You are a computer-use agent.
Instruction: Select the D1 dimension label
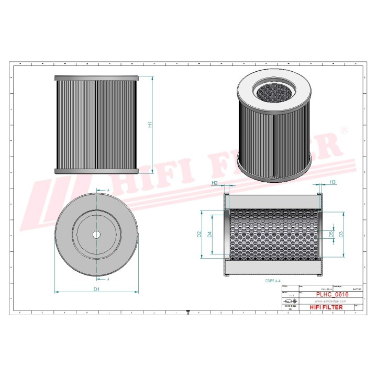tap(96, 289)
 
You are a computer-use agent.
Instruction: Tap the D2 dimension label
tap(199, 235)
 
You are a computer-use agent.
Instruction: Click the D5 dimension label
tap(331, 234)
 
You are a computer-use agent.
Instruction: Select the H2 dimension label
tap(214, 183)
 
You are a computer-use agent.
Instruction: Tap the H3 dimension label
tap(332, 182)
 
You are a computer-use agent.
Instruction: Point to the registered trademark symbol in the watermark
tap(344, 129)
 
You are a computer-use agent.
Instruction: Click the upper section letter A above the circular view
tap(108, 190)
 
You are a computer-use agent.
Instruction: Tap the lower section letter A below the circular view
tap(108, 280)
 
